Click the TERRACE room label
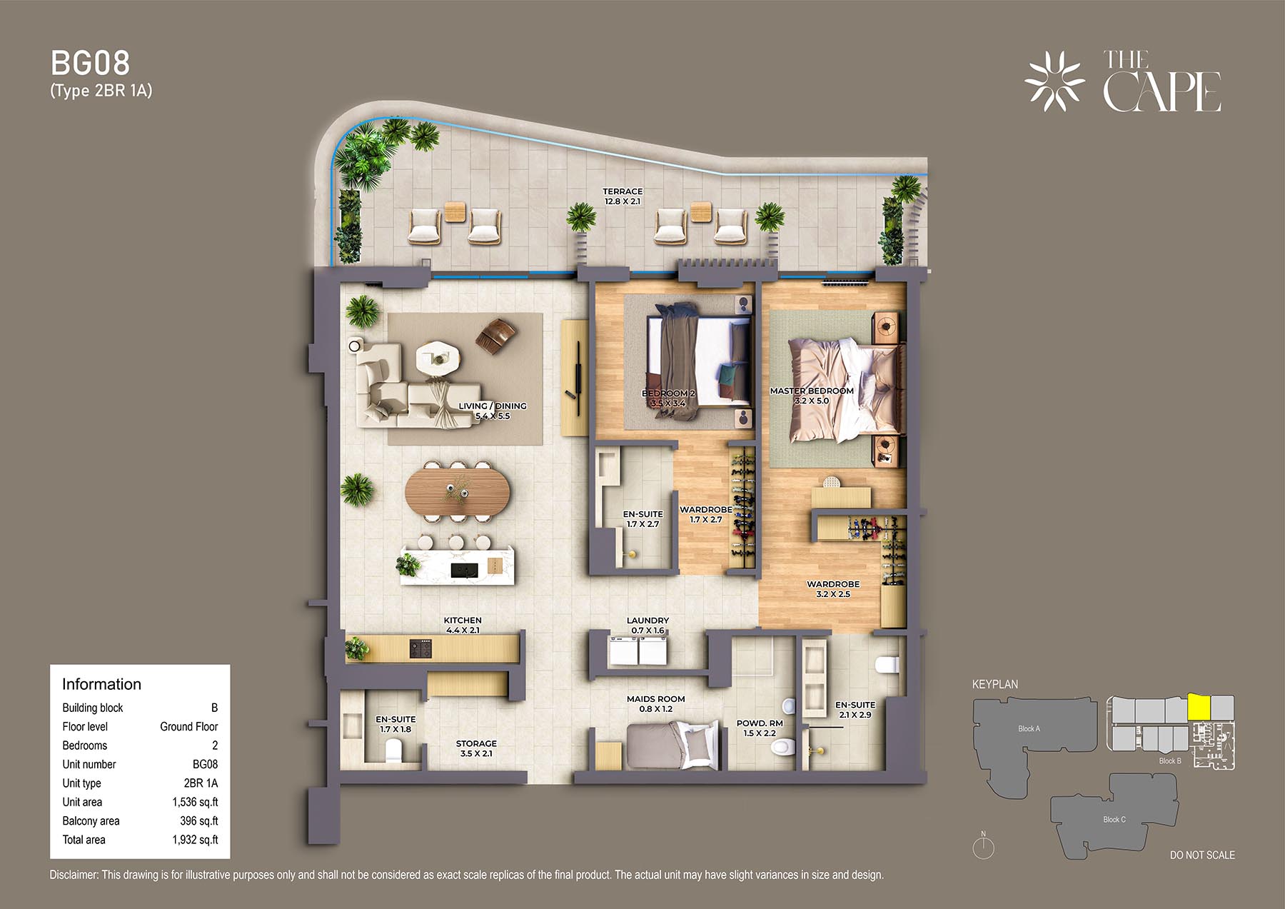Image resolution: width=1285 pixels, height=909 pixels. [x=623, y=191]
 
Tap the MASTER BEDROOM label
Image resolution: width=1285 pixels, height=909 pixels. [x=812, y=391]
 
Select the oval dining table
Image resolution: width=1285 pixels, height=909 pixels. [x=458, y=491]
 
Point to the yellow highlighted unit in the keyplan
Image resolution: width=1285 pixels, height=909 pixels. [x=1199, y=708]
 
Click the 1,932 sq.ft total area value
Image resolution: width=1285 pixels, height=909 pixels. [x=195, y=840]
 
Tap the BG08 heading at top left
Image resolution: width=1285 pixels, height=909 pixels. [x=91, y=64]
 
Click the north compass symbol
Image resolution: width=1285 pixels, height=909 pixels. [x=983, y=847]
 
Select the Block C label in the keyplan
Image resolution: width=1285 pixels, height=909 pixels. [x=1114, y=819]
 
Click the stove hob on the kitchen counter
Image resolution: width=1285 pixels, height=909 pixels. [x=420, y=649]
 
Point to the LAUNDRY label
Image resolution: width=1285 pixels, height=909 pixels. [x=647, y=621]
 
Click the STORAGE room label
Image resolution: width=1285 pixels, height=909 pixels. [x=476, y=743]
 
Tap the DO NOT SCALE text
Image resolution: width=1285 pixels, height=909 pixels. [x=1202, y=855]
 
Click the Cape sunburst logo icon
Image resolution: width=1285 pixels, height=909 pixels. [x=1054, y=81]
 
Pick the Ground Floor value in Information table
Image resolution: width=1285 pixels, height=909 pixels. [x=188, y=726]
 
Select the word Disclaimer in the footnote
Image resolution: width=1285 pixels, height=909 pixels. [x=74, y=875]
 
